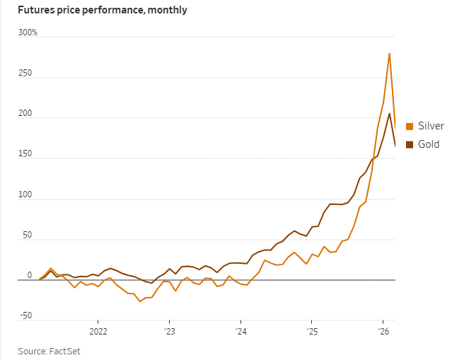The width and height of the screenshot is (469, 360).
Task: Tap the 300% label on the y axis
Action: pyautogui.click(x=28, y=33)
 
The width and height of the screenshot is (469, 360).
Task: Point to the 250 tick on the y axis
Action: pyautogui.click(x=25, y=74)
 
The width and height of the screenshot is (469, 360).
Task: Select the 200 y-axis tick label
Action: pyautogui.click(x=25, y=114)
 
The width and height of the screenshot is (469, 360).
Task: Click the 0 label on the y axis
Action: pyautogui.click(x=29, y=275)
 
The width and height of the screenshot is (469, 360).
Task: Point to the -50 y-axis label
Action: pyautogui.click(x=25, y=315)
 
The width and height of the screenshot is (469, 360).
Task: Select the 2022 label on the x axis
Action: pyautogui.click(x=98, y=331)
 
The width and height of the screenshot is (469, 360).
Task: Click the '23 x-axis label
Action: pyautogui.click(x=169, y=331)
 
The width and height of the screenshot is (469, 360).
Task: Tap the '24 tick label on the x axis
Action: pyautogui.click(x=241, y=331)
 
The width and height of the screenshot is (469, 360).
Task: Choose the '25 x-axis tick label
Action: pyautogui.click(x=312, y=331)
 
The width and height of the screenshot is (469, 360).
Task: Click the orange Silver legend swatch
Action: pyautogui.click(x=409, y=127)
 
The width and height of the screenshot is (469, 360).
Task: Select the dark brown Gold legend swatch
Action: pyautogui.click(x=409, y=145)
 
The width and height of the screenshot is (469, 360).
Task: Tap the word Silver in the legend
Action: pyautogui.click(x=430, y=127)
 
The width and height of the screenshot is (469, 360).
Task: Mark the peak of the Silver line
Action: pyautogui.click(x=389, y=53)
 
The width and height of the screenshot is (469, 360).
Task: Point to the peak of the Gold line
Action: pyautogui.click(x=389, y=113)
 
